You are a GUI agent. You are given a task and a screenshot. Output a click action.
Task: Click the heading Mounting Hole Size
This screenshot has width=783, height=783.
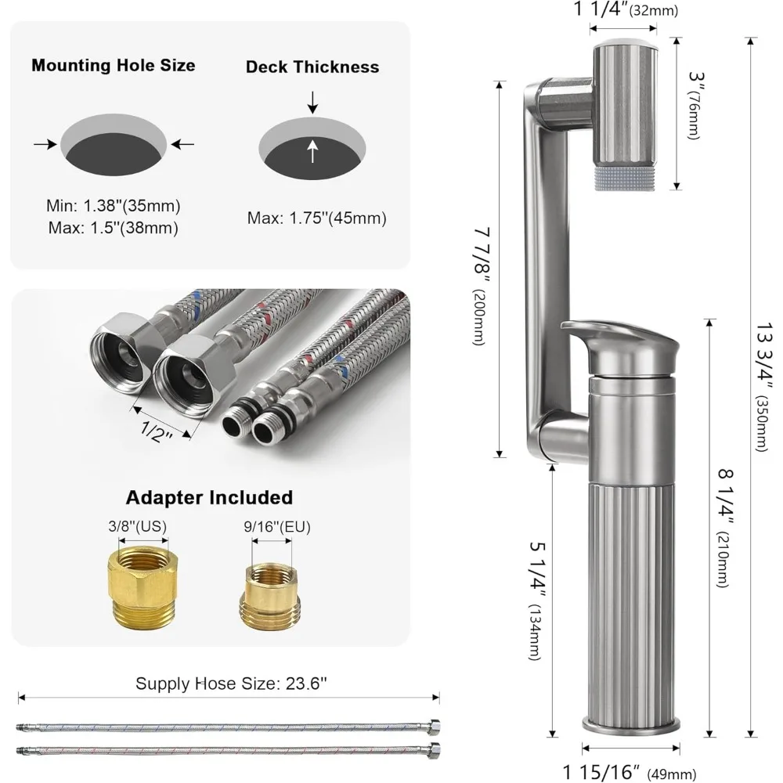[113, 65]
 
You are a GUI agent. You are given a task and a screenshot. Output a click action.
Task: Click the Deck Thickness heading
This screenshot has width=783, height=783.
[312, 67]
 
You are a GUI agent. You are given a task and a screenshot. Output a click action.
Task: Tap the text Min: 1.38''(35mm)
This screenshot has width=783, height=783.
[113, 207]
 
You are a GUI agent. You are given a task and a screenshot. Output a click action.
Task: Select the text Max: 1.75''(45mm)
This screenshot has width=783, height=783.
[316, 218]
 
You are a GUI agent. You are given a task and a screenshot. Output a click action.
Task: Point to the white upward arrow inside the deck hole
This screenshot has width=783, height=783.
[312, 150]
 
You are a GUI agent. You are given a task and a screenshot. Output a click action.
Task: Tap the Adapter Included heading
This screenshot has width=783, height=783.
[209, 497]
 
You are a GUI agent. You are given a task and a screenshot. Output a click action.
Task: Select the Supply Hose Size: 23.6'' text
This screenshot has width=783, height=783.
[231, 683]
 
